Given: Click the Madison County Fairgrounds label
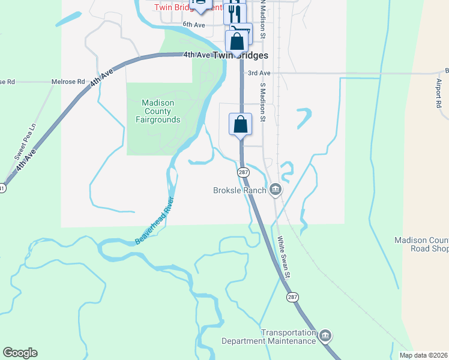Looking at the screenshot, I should (x=161, y=111).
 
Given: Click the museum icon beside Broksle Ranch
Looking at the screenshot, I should (x=276, y=190).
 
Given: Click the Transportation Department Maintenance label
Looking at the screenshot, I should (x=269, y=337).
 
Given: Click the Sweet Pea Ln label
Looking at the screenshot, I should (x=25, y=141).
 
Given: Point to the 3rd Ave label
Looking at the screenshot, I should (x=259, y=73).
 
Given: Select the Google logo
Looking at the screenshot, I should (x=20, y=353).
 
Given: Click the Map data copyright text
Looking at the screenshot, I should (x=424, y=355).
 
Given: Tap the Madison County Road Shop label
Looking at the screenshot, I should (x=421, y=244).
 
